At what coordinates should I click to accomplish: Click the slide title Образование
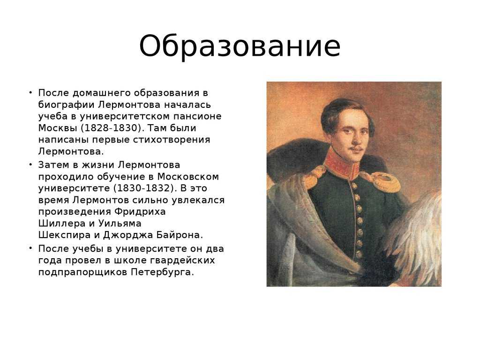coord(240,46)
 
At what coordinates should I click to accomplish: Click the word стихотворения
coord(172,140)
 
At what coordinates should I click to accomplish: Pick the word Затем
coord(53,165)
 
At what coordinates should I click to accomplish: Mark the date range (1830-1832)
coord(145,188)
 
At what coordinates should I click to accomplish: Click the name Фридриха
coord(140,212)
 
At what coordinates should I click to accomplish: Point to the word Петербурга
coord(163,272)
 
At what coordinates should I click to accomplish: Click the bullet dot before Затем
coord(30,165)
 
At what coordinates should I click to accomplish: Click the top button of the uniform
coord(354,186)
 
